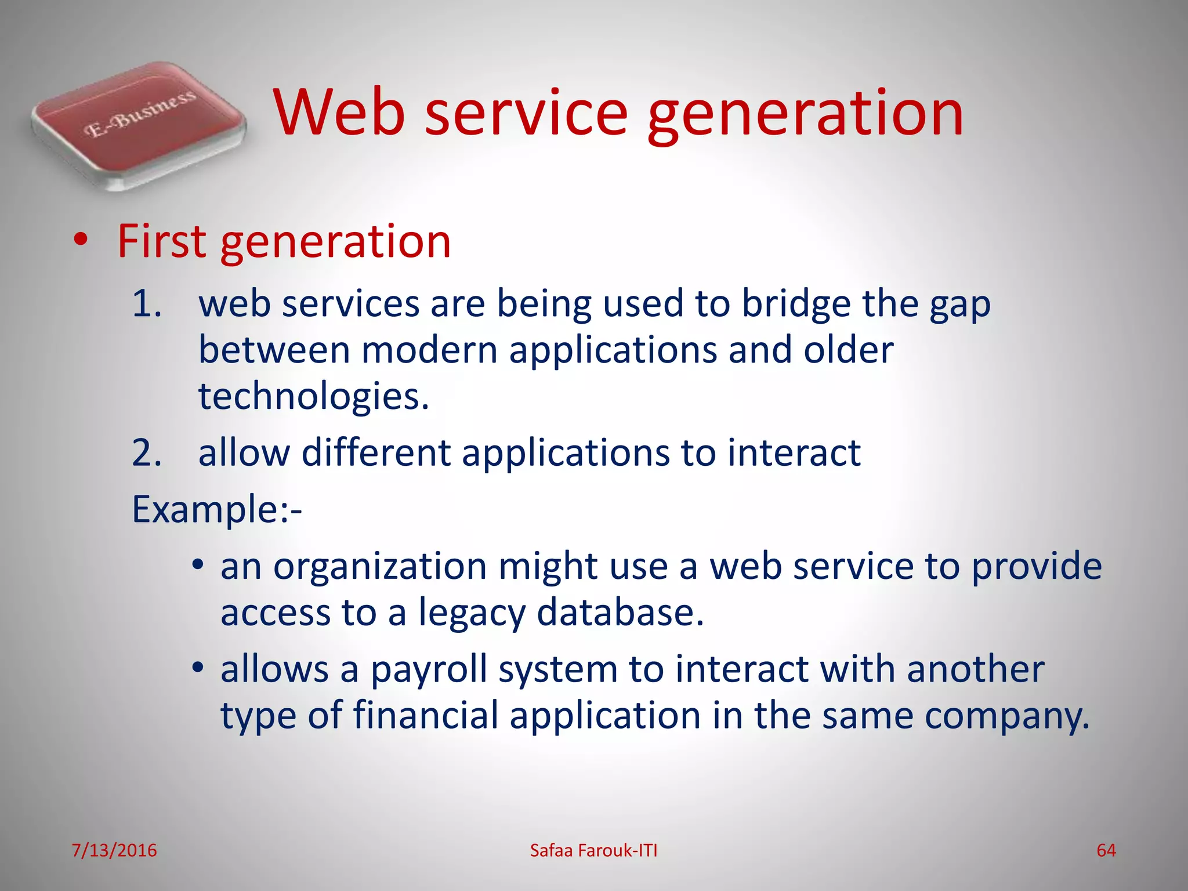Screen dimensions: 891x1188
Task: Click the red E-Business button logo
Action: tap(138, 125)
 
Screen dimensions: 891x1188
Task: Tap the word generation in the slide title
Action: tap(805, 116)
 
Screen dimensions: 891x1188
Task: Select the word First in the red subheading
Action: tap(161, 241)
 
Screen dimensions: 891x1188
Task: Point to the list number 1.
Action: tap(146, 303)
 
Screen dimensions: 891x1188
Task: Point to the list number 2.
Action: tap(146, 452)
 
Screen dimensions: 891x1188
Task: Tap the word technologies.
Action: tap(313, 397)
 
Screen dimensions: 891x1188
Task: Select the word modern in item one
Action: tap(429, 351)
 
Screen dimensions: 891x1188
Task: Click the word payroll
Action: tap(428, 670)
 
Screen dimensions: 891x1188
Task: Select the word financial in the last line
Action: tap(425, 715)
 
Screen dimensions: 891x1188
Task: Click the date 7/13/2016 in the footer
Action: tap(114, 850)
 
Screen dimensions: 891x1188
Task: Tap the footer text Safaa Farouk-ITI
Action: tap(593, 850)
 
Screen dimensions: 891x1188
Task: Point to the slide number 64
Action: tap(1106, 850)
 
